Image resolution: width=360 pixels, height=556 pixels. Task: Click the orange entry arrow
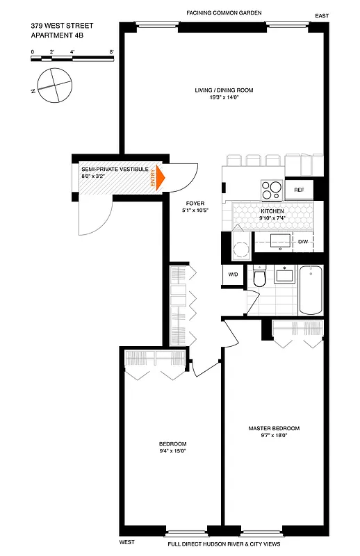point(159,177)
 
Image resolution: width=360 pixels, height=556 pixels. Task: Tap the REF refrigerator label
point(299,190)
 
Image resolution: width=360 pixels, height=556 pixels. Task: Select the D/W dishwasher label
point(303,242)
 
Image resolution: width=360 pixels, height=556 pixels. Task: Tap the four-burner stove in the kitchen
point(270,189)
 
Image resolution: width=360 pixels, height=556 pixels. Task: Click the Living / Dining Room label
point(224,90)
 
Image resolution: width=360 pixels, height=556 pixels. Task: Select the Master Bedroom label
point(274,428)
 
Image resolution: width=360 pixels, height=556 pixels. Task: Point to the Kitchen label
point(272,211)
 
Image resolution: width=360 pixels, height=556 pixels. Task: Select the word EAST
point(321,15)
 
